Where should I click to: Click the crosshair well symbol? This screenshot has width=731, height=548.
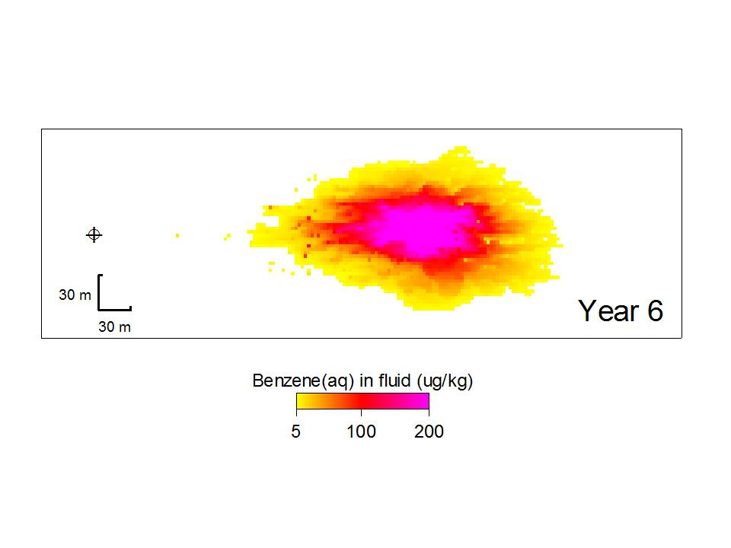[94, 235]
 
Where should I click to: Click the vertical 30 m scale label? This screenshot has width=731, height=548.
[75, 295]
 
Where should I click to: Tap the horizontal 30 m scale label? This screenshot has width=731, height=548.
[115, 327]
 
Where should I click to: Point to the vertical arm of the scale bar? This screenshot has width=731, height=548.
[99, 292]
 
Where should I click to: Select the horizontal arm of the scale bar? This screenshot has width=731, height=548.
[115, 308]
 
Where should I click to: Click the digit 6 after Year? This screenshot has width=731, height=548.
[655, 311]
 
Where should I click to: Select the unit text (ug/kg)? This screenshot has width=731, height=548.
[445, 381]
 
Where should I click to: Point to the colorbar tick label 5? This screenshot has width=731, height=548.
[296, 432]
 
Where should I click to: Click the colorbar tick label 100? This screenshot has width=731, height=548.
[361, 432]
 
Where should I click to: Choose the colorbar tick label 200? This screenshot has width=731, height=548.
[429, 432]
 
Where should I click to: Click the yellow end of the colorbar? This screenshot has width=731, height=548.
[302, 401]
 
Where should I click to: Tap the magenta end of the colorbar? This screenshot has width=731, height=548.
[423, 401]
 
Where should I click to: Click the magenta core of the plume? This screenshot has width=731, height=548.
[422, 228]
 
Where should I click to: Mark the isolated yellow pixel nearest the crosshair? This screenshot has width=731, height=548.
[177, 235]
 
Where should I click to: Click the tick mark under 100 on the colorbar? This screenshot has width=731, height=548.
[361, 412]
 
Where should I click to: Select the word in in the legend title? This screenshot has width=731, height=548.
[366, 381]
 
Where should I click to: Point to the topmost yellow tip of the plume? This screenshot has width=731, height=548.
[461, 148]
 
